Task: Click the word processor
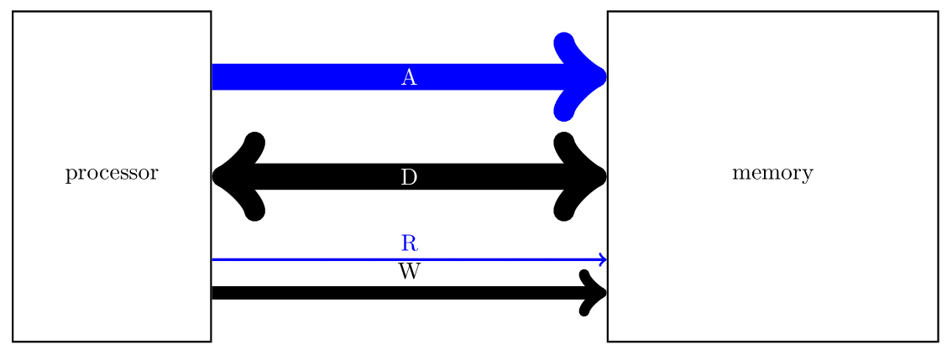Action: pos(112,175)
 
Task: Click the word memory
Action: pos(772,175)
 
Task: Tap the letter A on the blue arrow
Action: pos(409,78)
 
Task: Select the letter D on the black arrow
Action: pos(409,177)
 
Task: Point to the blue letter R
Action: pos(409,243)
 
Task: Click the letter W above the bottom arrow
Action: pos(409,272)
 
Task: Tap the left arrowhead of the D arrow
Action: pos(235,176)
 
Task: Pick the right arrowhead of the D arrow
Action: pos(586,176)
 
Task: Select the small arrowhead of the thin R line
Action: pos(602,260)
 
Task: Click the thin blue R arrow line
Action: pos(336,260)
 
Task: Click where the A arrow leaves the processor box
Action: pos(213,76)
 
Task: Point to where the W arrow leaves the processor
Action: pos(213,293)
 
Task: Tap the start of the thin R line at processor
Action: pos(213,260)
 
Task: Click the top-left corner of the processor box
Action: pos(13,12)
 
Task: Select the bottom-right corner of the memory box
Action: pos(937,342)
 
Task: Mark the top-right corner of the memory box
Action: pos(937,12)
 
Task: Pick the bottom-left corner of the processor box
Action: pos(13,342)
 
